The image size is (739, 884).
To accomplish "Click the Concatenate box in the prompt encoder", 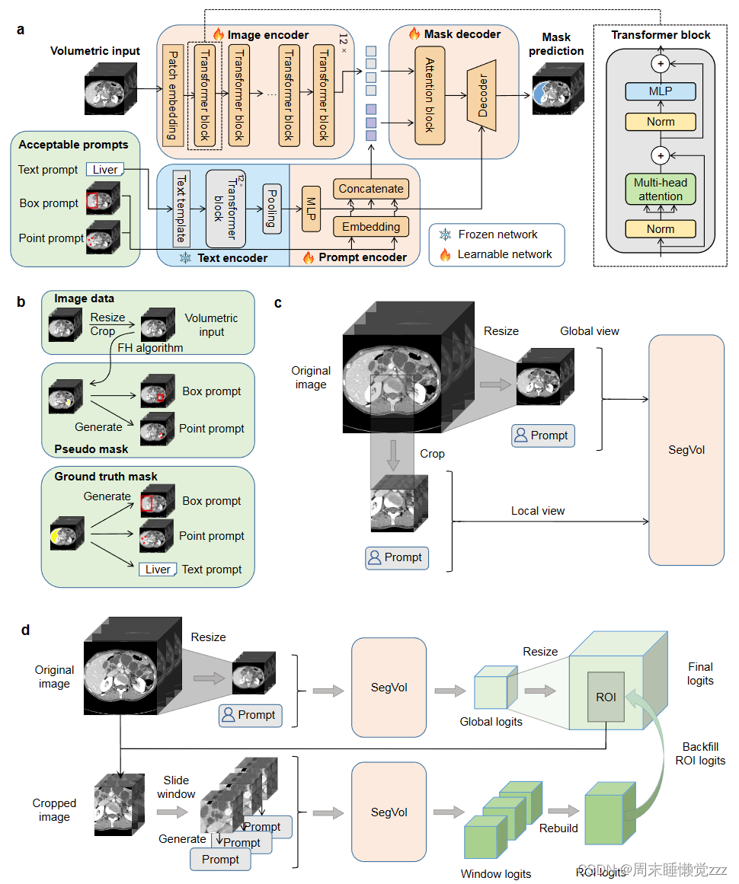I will pyautogui.click(x=370, y=188).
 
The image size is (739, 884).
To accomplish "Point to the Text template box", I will pyautogui.click(x=181, y=207).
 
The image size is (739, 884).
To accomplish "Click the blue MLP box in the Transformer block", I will pyautogui.click(x=661, y=91).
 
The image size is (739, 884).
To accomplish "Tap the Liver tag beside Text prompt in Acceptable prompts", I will pyautogui.click(x=105, y=169).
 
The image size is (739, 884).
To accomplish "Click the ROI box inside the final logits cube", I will pyautogui.click(x=606, y=697).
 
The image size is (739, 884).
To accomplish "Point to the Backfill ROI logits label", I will pyautogui.click(x=700, y=753).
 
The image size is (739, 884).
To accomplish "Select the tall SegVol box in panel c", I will pyautogui.click(x=686, y=449).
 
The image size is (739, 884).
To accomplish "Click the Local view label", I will pyautogui.click(x=538, y=510).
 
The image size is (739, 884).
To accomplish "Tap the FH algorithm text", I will pyautogui.click(x=150, y=347).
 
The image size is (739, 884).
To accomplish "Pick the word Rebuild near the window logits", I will pyautogui.click(x=558, y=828).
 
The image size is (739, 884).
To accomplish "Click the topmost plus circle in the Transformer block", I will pyautogui.click(x=661, y=64).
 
